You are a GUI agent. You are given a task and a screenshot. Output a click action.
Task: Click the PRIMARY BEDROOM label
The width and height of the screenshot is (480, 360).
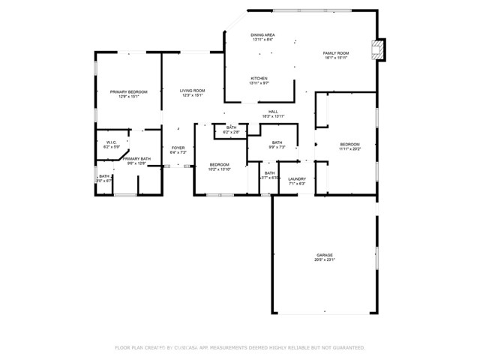point(128,91)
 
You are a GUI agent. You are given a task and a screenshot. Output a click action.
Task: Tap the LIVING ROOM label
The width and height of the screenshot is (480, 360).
point(192,91)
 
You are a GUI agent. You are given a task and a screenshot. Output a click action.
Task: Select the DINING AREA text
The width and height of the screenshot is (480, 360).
point(262,34)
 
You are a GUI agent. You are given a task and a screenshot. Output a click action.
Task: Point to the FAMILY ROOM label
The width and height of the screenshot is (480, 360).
point(336,53)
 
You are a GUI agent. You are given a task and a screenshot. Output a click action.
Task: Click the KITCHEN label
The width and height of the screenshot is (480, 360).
point(259,78)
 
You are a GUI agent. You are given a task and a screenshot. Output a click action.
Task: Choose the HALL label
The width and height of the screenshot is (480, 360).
point(273,112)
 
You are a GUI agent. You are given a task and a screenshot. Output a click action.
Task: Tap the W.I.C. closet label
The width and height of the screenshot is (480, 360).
point(111,142)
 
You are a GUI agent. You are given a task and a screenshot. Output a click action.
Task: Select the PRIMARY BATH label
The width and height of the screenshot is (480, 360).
point(136,158)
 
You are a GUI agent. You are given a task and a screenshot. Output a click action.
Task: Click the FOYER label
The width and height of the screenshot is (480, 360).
point(178,148)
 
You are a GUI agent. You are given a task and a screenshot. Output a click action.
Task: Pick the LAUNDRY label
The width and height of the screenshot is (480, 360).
point(297,178)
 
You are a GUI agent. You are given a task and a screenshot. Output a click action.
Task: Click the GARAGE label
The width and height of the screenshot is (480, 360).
point(324,254)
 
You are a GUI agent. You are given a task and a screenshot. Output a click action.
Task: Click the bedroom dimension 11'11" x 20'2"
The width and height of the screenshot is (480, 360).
point(349,149)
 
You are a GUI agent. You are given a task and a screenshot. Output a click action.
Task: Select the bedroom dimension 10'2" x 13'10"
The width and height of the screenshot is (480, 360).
point(219,169)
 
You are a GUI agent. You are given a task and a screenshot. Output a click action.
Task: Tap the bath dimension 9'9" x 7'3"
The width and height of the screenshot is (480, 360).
point(277,148)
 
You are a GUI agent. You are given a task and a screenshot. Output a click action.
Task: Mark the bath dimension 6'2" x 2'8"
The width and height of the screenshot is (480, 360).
point(231,133)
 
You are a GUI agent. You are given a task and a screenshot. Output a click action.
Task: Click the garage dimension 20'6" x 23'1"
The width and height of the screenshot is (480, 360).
point(324,259)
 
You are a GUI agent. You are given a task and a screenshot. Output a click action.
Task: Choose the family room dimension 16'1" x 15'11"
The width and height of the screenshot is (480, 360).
point(336,58)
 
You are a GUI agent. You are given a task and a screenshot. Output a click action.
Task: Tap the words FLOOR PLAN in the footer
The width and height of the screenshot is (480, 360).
point(128,348)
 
